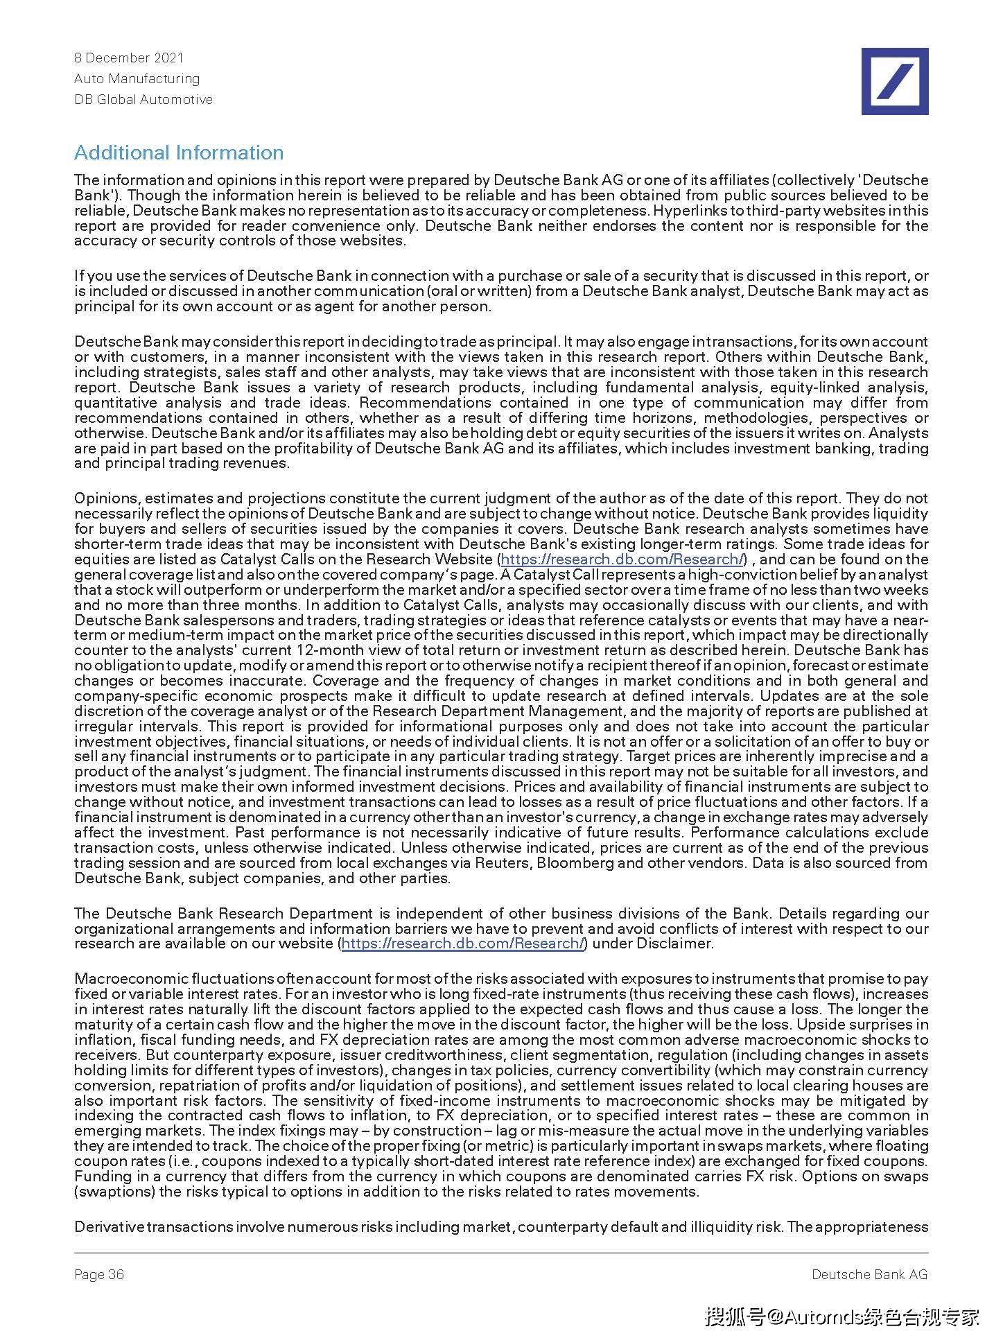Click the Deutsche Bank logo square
tap(894, 81)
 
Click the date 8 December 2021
tap(129, 58)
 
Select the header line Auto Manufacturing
tap(137, 78)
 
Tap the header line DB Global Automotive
tap(143, 99)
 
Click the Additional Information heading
tap(179, 153)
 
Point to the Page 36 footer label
tap(99, 1274)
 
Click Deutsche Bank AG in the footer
tap(869, 1274)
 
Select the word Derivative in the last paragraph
tap(109, 1227)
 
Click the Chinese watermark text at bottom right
tap(842, 1316)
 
